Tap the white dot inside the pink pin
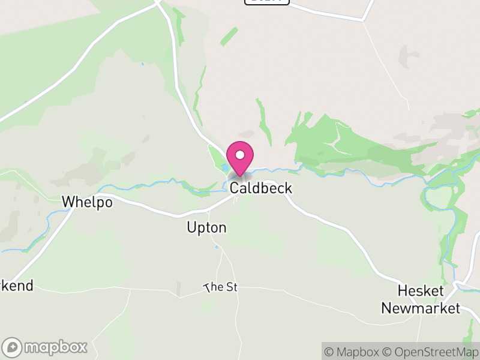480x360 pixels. coord(240,155)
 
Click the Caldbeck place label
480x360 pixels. coord(261,188)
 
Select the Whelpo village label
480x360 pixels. coord(87,202)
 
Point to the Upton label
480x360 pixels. coord(206,228)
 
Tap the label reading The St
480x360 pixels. coord(221,287)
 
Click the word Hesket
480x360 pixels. coord(421,292)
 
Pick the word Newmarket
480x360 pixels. coord(421,308)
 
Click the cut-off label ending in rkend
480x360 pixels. coord(16,286)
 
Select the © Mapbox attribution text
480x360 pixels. coord(353,352)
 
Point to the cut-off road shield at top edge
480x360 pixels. coord(267,2)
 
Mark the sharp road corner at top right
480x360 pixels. coord(362,20)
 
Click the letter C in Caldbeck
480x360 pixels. coord(235,188)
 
